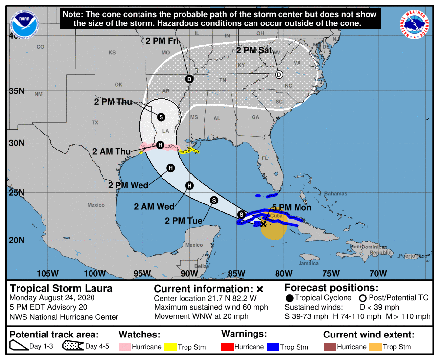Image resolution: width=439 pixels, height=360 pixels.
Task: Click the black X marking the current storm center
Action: [x=263, y=224]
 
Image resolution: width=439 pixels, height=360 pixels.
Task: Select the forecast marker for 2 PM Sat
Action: [x=279, y=75]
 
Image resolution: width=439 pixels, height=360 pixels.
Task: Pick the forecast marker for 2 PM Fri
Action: [x=189, y=79]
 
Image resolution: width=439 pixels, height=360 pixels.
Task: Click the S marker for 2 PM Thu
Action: [x=161, y=117]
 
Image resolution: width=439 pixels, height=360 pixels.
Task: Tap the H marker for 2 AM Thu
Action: [x=160, y=145]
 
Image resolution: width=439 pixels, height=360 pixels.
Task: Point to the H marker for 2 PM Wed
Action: [x=170, y=168]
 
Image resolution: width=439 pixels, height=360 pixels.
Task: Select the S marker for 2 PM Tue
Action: [x=214, y=200]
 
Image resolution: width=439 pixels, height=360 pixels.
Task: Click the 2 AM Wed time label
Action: [x=154, y=207]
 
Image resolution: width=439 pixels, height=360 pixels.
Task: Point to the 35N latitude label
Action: [x=16, y=91]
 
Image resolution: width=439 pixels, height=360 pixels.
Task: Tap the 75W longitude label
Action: [x=331, y=273]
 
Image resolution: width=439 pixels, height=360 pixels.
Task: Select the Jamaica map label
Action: [x=308, y=263]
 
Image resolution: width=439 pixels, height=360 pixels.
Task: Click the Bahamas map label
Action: [x=335, y=194]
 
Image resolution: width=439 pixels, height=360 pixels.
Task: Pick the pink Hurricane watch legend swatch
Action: [x=126, y=347]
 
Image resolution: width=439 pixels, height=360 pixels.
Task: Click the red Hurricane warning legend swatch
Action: [x=228, y=347]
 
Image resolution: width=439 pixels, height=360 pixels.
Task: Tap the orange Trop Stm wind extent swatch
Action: [x=375, y=347]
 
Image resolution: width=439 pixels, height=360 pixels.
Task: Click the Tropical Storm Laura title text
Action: [x=61, y=288]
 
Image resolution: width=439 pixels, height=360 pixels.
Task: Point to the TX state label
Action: [x=95, y=123]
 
